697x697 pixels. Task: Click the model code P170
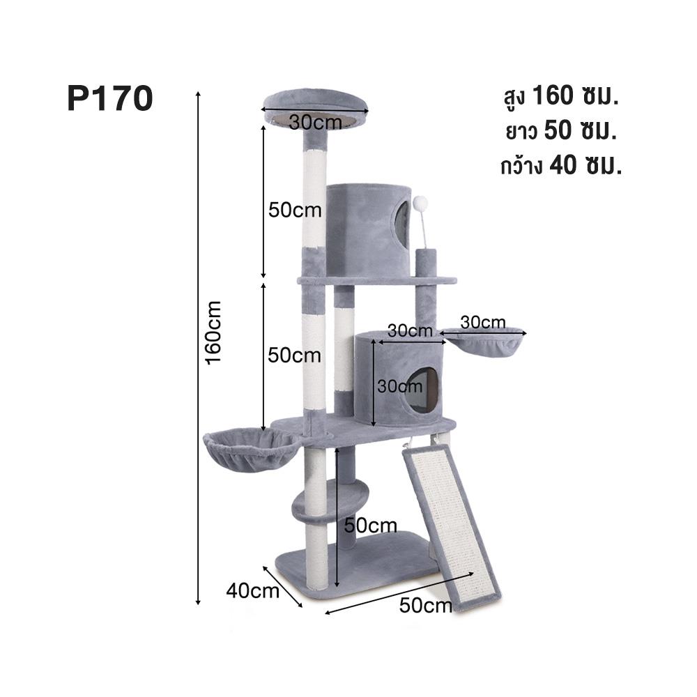point(109,99)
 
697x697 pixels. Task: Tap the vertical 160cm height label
point(213,331)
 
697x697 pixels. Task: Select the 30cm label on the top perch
point(315,121)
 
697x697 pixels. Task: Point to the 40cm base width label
point(252,590)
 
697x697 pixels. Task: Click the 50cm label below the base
point(426,605)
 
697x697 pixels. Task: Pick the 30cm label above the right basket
point(482,322)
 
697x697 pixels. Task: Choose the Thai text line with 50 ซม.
point(560,131)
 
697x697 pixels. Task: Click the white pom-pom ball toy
point(420,204)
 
